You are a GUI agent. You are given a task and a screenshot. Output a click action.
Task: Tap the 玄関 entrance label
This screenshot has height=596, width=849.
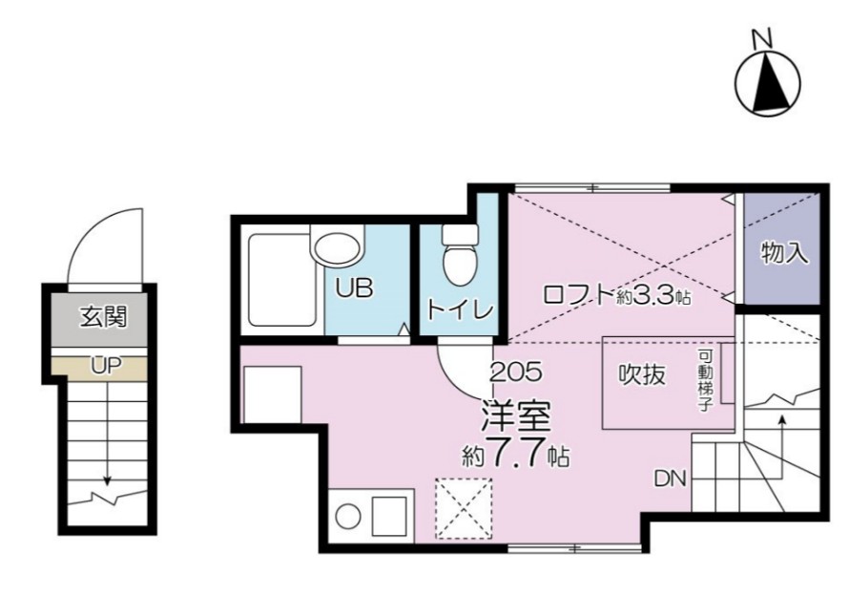[103, 316]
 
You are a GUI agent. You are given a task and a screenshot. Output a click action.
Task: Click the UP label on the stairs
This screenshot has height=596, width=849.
[106, 366]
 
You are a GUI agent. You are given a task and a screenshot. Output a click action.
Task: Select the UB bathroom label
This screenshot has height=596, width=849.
[354, 287]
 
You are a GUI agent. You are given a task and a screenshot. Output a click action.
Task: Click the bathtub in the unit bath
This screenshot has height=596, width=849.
[282, 280]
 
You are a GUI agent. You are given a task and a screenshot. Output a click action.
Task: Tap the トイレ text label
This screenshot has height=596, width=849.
[460, 309]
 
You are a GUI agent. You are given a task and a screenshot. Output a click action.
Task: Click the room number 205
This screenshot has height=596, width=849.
[515, 372]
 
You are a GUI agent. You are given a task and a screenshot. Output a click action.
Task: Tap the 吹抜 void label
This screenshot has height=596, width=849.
[642, 374]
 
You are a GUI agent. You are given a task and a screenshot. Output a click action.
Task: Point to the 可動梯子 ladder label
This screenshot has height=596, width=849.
[704, 381]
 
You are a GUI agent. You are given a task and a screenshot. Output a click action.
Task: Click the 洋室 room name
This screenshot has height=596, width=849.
[516, 416]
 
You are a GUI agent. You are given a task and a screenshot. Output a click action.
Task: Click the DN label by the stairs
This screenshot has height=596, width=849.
[670, 479]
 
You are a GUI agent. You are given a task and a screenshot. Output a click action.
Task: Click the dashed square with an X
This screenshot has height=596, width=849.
[464, 509]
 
